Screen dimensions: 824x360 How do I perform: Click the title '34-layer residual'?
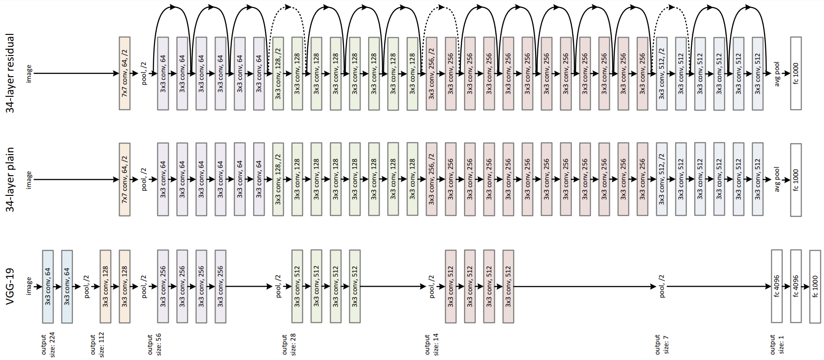coord(10,73)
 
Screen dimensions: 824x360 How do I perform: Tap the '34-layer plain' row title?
coord(10,180)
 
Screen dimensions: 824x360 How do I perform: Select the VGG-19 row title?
coord(10,287)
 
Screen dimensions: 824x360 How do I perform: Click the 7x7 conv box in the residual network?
coord(125,73)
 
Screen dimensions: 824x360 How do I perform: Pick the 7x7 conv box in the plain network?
coord(125,180)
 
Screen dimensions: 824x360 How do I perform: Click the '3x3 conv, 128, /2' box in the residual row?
coord(278,73)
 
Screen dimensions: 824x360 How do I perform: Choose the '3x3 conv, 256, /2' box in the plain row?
coord(431,180)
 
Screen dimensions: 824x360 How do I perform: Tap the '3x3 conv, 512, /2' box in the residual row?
coord(662,73)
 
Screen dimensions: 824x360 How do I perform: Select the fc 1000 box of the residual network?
coord(796,73)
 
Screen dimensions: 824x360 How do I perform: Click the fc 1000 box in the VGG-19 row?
coord(815,287)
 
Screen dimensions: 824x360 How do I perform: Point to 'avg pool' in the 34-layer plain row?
coord(777,180)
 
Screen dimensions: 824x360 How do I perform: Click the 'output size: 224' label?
coord(48,345)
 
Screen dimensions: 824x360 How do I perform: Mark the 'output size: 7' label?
coord(662,344)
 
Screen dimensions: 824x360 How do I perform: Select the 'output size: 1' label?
coord(777,344)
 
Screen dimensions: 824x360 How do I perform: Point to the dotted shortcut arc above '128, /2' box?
coord(288,6)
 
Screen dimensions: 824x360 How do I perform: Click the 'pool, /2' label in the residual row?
coord(144,73)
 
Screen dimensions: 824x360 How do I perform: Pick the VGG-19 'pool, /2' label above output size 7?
coord(662,287)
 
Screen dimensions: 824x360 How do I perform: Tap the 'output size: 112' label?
coord(97,345)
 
